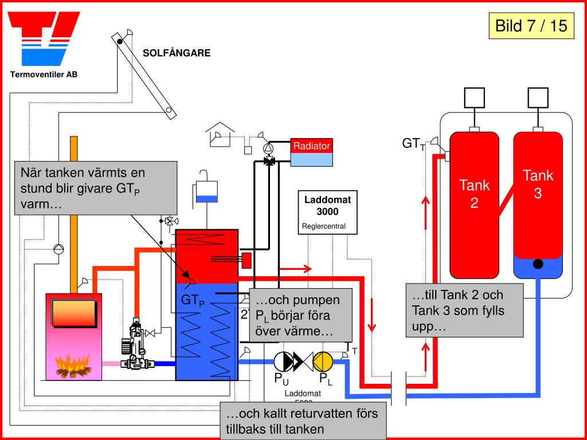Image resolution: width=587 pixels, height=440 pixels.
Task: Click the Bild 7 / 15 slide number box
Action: point(531,26)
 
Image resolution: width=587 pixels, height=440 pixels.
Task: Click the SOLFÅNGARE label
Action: point(177,53)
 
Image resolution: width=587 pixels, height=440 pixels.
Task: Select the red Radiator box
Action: point(311,147)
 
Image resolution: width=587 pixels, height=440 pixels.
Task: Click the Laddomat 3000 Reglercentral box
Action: point(327,213)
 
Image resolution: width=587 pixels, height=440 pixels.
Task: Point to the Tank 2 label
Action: point(474,194)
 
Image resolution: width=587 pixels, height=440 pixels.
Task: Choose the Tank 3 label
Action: point(538,184)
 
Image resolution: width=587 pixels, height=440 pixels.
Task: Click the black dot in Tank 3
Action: point(538,264)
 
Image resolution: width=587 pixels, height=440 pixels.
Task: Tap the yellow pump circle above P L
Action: point(323,361)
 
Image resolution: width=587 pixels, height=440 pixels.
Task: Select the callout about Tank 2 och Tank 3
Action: point(464,311)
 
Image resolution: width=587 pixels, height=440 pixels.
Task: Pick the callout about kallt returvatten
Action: point(303,421)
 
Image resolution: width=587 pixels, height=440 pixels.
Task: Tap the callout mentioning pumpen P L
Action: point(299,316)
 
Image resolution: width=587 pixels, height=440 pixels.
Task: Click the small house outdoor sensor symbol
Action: point(219,133)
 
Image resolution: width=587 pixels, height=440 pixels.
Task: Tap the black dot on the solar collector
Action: point(119,41)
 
